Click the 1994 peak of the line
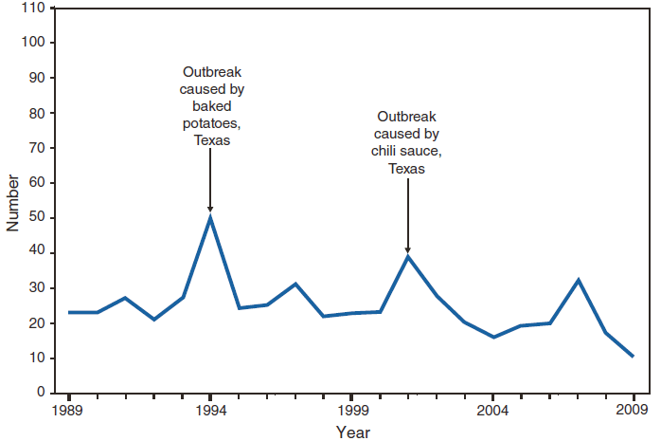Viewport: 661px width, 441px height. coord(210,217)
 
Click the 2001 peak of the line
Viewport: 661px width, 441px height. coord(407,256)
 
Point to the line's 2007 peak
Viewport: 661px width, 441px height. coord(578,280)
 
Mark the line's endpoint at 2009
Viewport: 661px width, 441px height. coord(634,357)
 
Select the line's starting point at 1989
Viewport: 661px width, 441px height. coord(69,312)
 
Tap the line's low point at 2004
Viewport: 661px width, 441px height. coord(492,337)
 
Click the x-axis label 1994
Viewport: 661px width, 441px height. coord(210,410)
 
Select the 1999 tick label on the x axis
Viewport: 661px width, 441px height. coord(351,410)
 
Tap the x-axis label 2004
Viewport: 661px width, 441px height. coord(492,410)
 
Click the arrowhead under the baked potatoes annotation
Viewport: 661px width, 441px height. coord(210,208)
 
